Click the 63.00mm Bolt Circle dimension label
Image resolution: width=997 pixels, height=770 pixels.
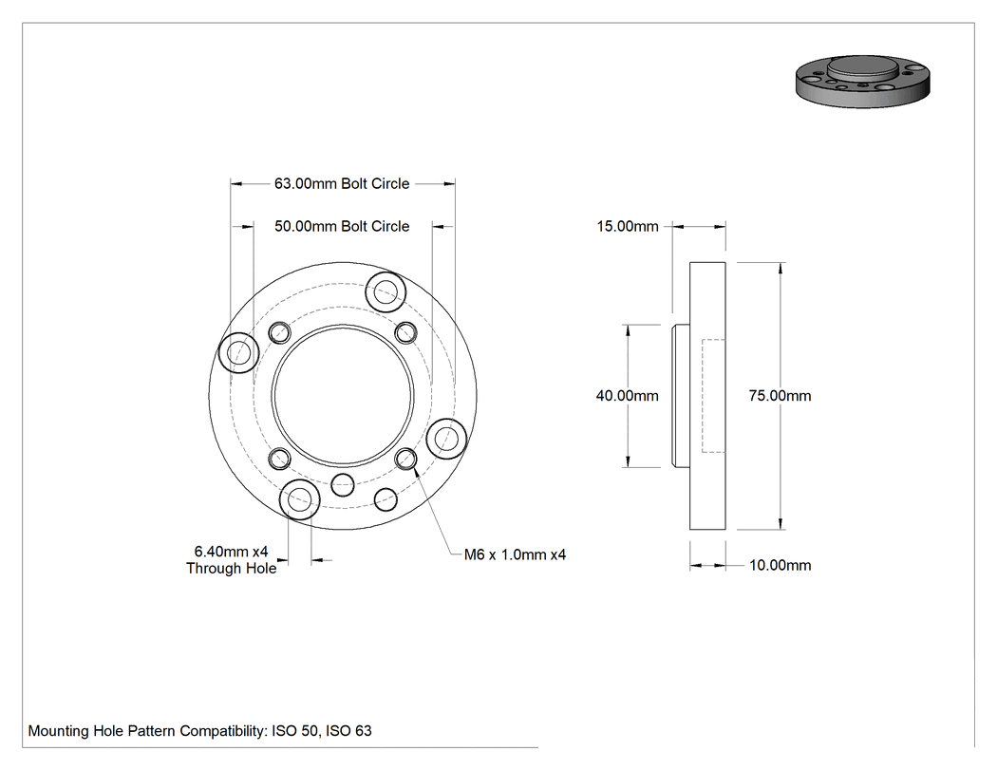(342, 184)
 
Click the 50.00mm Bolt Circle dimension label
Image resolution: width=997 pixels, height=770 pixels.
(342, 226)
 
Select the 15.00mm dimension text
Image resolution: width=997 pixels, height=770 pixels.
(627, 226)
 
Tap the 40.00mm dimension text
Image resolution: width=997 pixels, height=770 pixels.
(627, 396)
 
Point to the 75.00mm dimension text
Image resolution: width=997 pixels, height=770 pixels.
(780, 396)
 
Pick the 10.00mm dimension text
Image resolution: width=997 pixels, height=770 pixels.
(781, 565)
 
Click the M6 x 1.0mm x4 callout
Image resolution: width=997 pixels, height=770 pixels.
(515, 554)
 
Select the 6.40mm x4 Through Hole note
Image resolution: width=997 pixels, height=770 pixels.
(231, 559)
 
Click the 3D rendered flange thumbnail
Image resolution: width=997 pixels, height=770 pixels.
(863, 81)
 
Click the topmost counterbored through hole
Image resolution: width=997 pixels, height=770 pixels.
(386, 292)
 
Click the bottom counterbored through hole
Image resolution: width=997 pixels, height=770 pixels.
(299, 499)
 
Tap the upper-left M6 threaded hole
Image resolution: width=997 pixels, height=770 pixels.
(280, 332)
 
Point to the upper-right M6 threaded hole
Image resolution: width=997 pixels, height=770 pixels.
(406, 332)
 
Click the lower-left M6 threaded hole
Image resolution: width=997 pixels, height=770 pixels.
(280, 459)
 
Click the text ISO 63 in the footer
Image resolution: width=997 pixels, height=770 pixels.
(348, 731)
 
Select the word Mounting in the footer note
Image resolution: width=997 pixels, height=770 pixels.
(59, 731)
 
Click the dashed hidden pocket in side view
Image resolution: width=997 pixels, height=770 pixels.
(702, 396)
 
